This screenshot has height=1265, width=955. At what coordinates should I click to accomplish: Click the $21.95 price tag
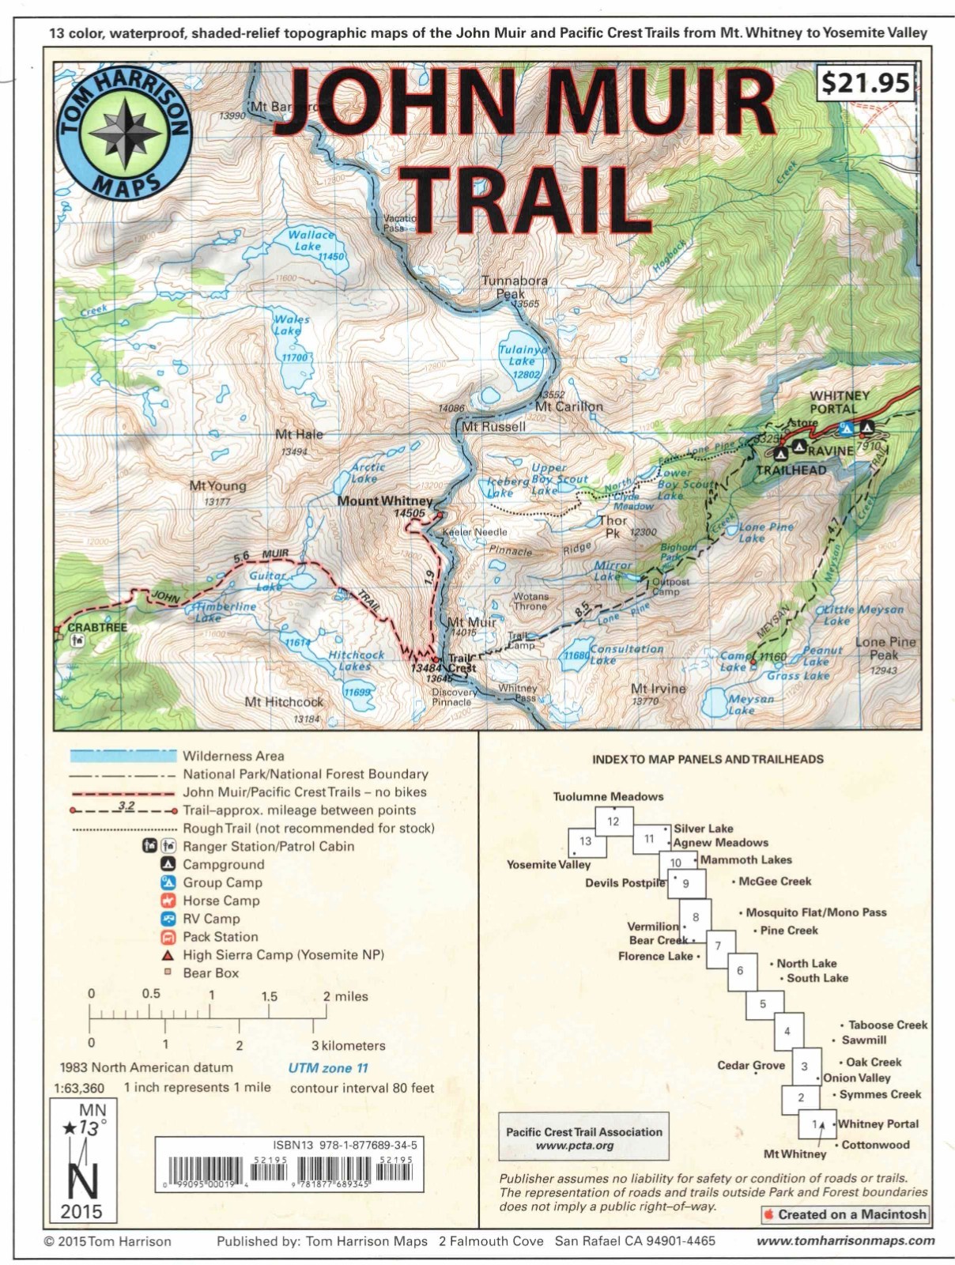tap(865, 82)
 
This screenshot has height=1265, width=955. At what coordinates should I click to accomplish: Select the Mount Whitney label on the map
tap(385, 500)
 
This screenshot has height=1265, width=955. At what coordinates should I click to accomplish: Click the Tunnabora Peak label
tap(515, 287)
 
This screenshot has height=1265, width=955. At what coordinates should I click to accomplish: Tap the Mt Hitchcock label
tap(284, 701)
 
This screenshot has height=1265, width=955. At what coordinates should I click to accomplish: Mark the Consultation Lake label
tap(626, 654)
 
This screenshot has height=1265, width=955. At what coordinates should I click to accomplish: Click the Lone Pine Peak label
tap(885, 648)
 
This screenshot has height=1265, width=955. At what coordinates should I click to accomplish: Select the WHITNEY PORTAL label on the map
tap(839, 402)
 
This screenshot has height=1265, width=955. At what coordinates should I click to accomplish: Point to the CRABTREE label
tap(97, 627)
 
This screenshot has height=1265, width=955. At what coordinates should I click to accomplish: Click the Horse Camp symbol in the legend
tap(168, 901)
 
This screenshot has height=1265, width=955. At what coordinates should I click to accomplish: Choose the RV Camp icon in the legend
tap(168, 919)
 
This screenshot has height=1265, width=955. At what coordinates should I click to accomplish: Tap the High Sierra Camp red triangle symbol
tap(168, 955)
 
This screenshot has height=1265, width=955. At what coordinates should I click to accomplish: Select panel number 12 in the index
tap(613, 821)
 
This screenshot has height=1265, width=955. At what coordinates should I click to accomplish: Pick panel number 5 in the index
tap(762, 1004)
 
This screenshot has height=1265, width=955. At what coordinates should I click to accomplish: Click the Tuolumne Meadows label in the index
tap(608, 796)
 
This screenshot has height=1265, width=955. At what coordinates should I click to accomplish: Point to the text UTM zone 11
tap(328, 1067)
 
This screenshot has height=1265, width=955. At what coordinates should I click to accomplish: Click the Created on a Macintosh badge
tap(844, 1214)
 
